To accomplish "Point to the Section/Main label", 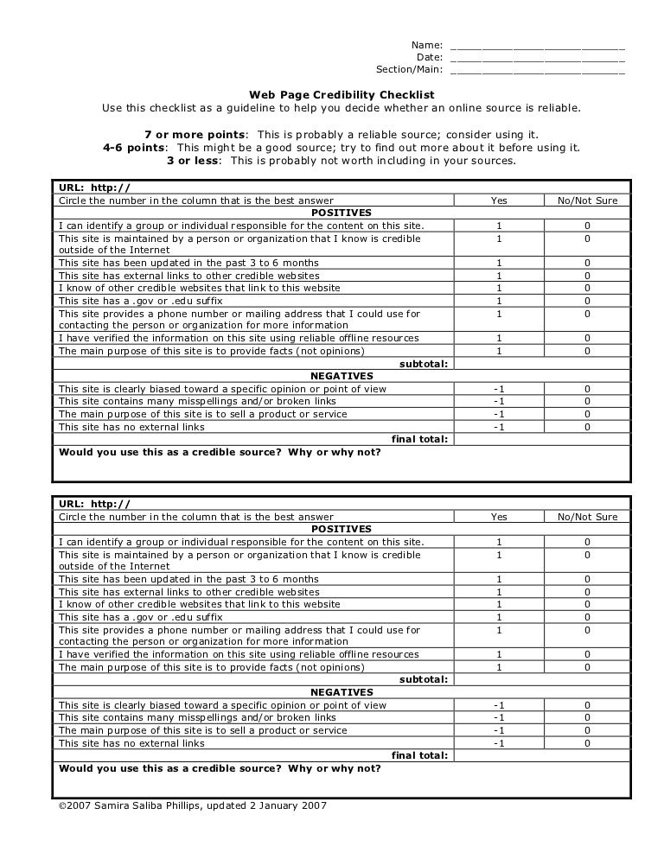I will coord(409,70).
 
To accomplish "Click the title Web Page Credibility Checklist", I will coord(342,95).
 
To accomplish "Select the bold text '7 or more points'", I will coord(195,135).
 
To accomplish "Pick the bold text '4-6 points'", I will coord(133,148).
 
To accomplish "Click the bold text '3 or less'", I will coord(193,161).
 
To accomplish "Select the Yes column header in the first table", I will coord(499,200).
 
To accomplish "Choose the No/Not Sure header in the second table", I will coord(587,517).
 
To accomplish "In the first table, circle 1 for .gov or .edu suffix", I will coord(499,301).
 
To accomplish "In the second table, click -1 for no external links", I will coord(499,743).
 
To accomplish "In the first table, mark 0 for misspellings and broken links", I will coord(587,401).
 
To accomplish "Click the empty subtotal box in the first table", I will coord(542,364).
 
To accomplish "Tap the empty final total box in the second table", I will coord(542,755).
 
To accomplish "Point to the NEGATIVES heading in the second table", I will coord(342,692).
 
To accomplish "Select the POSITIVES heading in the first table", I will coord(342,213).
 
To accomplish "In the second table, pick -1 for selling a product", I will coord(499,730).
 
